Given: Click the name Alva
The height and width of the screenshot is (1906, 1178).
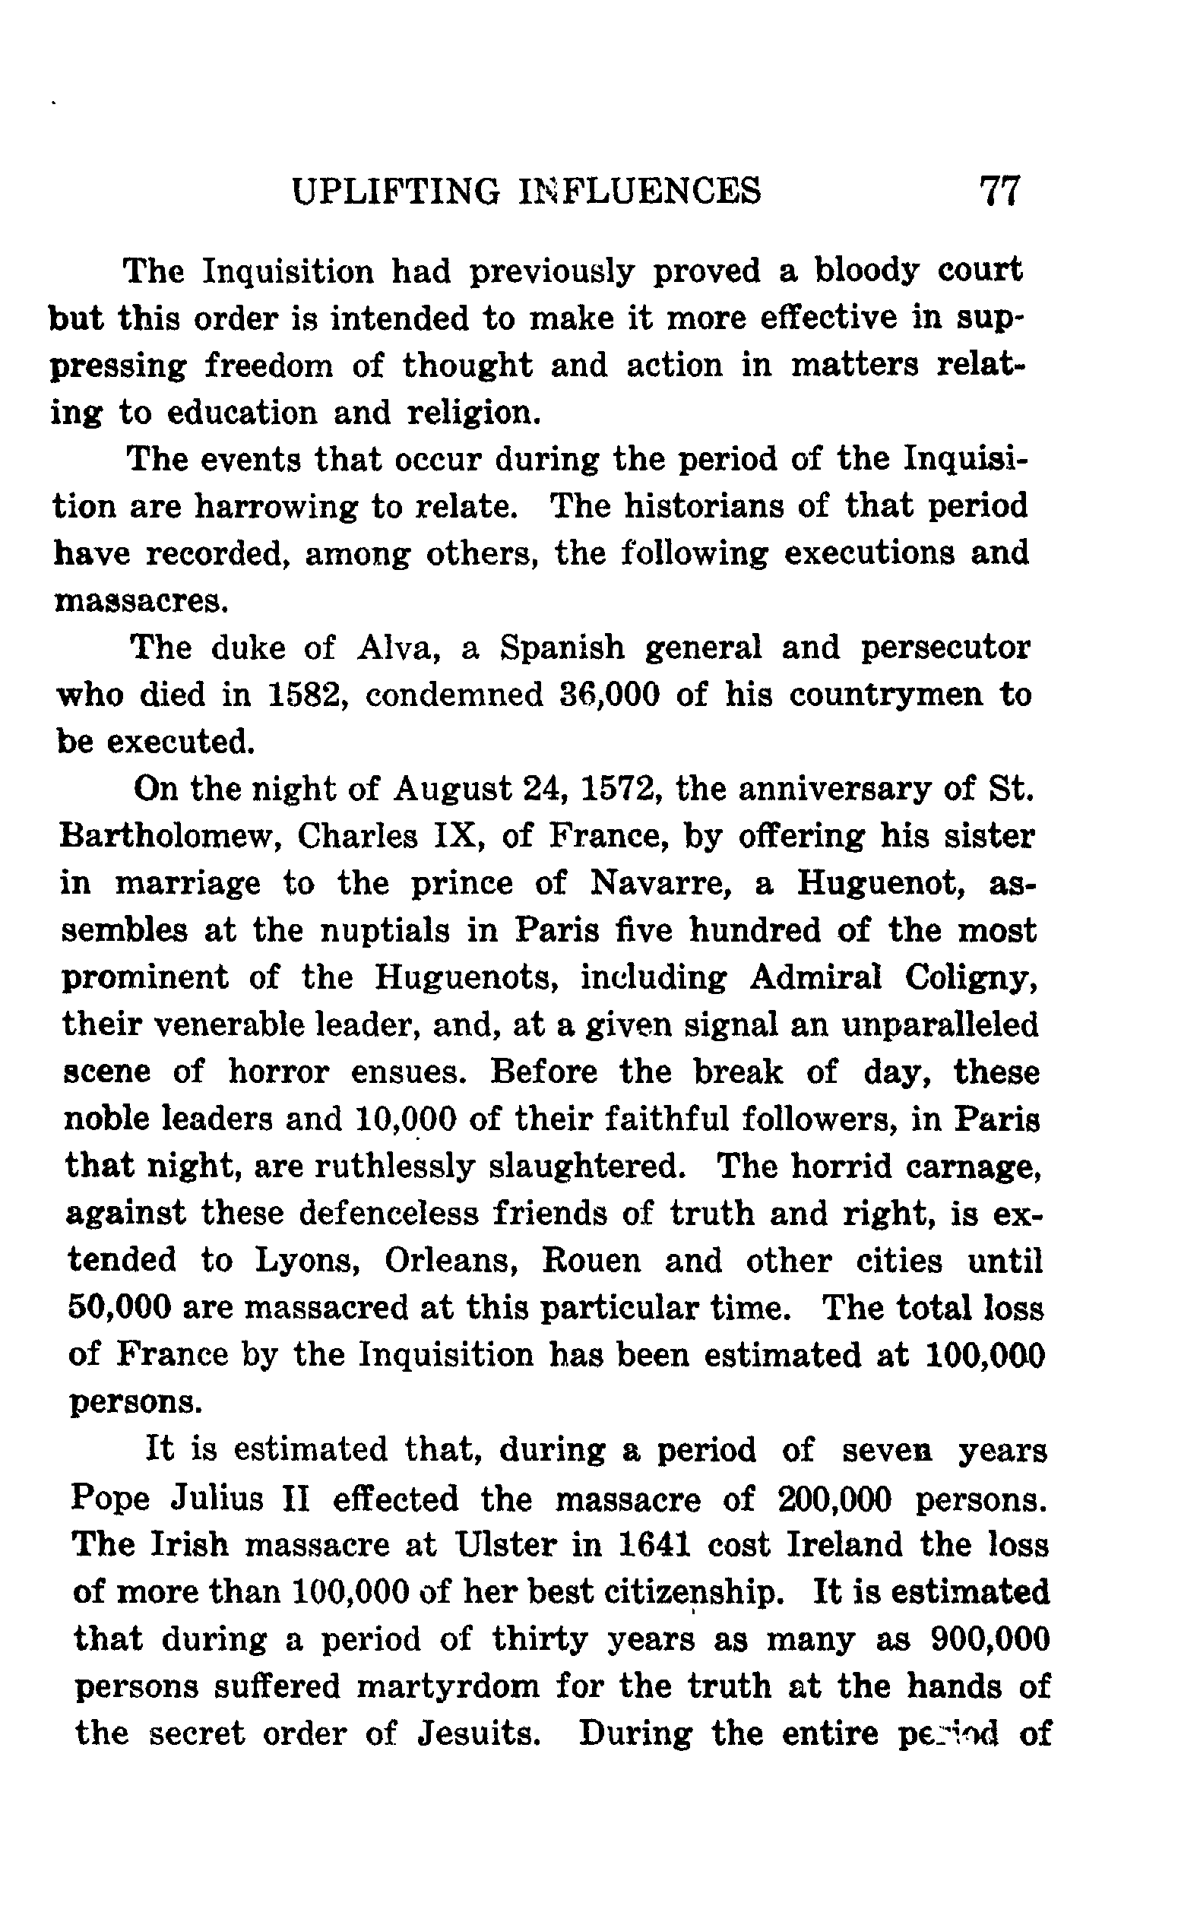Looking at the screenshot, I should (x=394, y=647).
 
